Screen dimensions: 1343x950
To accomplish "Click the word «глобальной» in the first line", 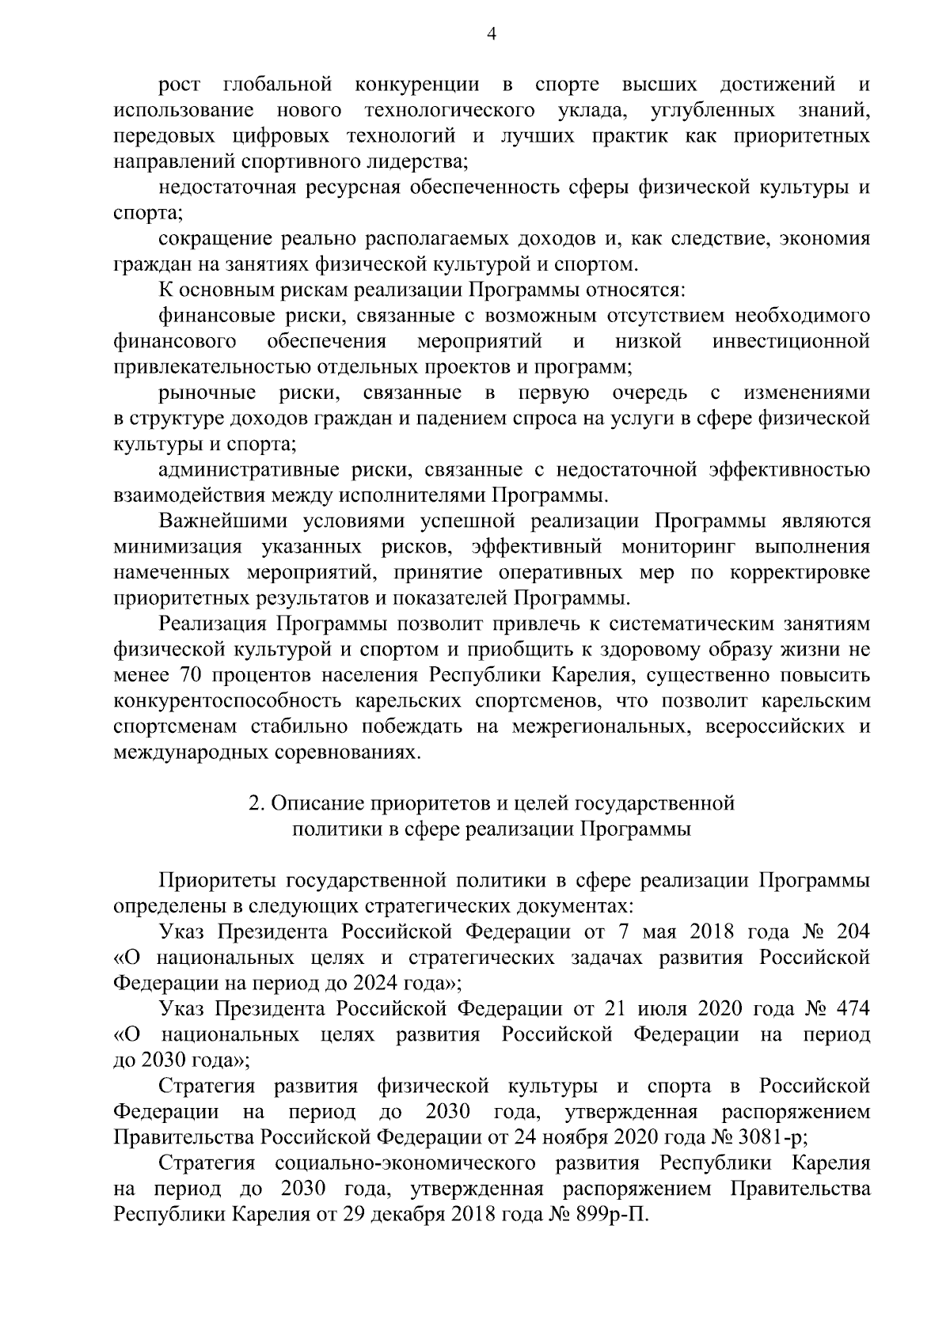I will (277, 84).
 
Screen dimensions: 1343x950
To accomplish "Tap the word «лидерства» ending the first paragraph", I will (420, 161).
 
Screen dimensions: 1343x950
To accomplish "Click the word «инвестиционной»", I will (791, 342).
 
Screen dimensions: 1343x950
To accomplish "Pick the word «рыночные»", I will (207, 393).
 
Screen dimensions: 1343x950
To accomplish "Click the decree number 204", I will (850, 932).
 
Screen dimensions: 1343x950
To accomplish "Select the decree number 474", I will (850, 1009).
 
